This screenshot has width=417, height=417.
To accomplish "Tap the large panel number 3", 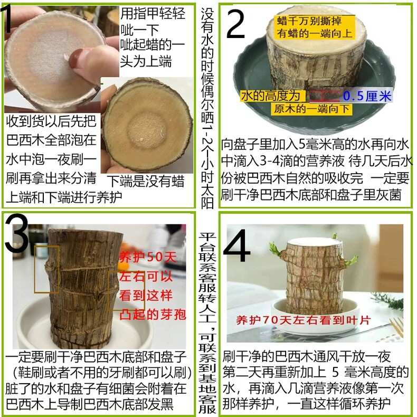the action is point(16,233).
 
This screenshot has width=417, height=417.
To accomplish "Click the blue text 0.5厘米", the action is point(367,96).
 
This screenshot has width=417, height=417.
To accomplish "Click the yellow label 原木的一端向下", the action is point(311,109).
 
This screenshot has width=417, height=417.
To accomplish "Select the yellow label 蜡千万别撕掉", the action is point(309,21).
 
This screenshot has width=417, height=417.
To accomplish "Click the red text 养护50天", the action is point(148,258).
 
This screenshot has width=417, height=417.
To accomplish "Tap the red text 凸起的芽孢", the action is point(152,315).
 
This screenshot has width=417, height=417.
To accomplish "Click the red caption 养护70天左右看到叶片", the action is point(303,320).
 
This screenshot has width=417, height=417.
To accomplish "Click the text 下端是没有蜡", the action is point(146,182).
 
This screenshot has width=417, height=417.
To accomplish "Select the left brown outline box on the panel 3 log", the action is point(47,269).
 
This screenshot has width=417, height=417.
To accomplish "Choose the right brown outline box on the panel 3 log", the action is point(126,291).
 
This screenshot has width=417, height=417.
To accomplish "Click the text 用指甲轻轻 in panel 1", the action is point(153,13).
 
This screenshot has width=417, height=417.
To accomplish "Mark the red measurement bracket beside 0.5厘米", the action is point(325,96).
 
